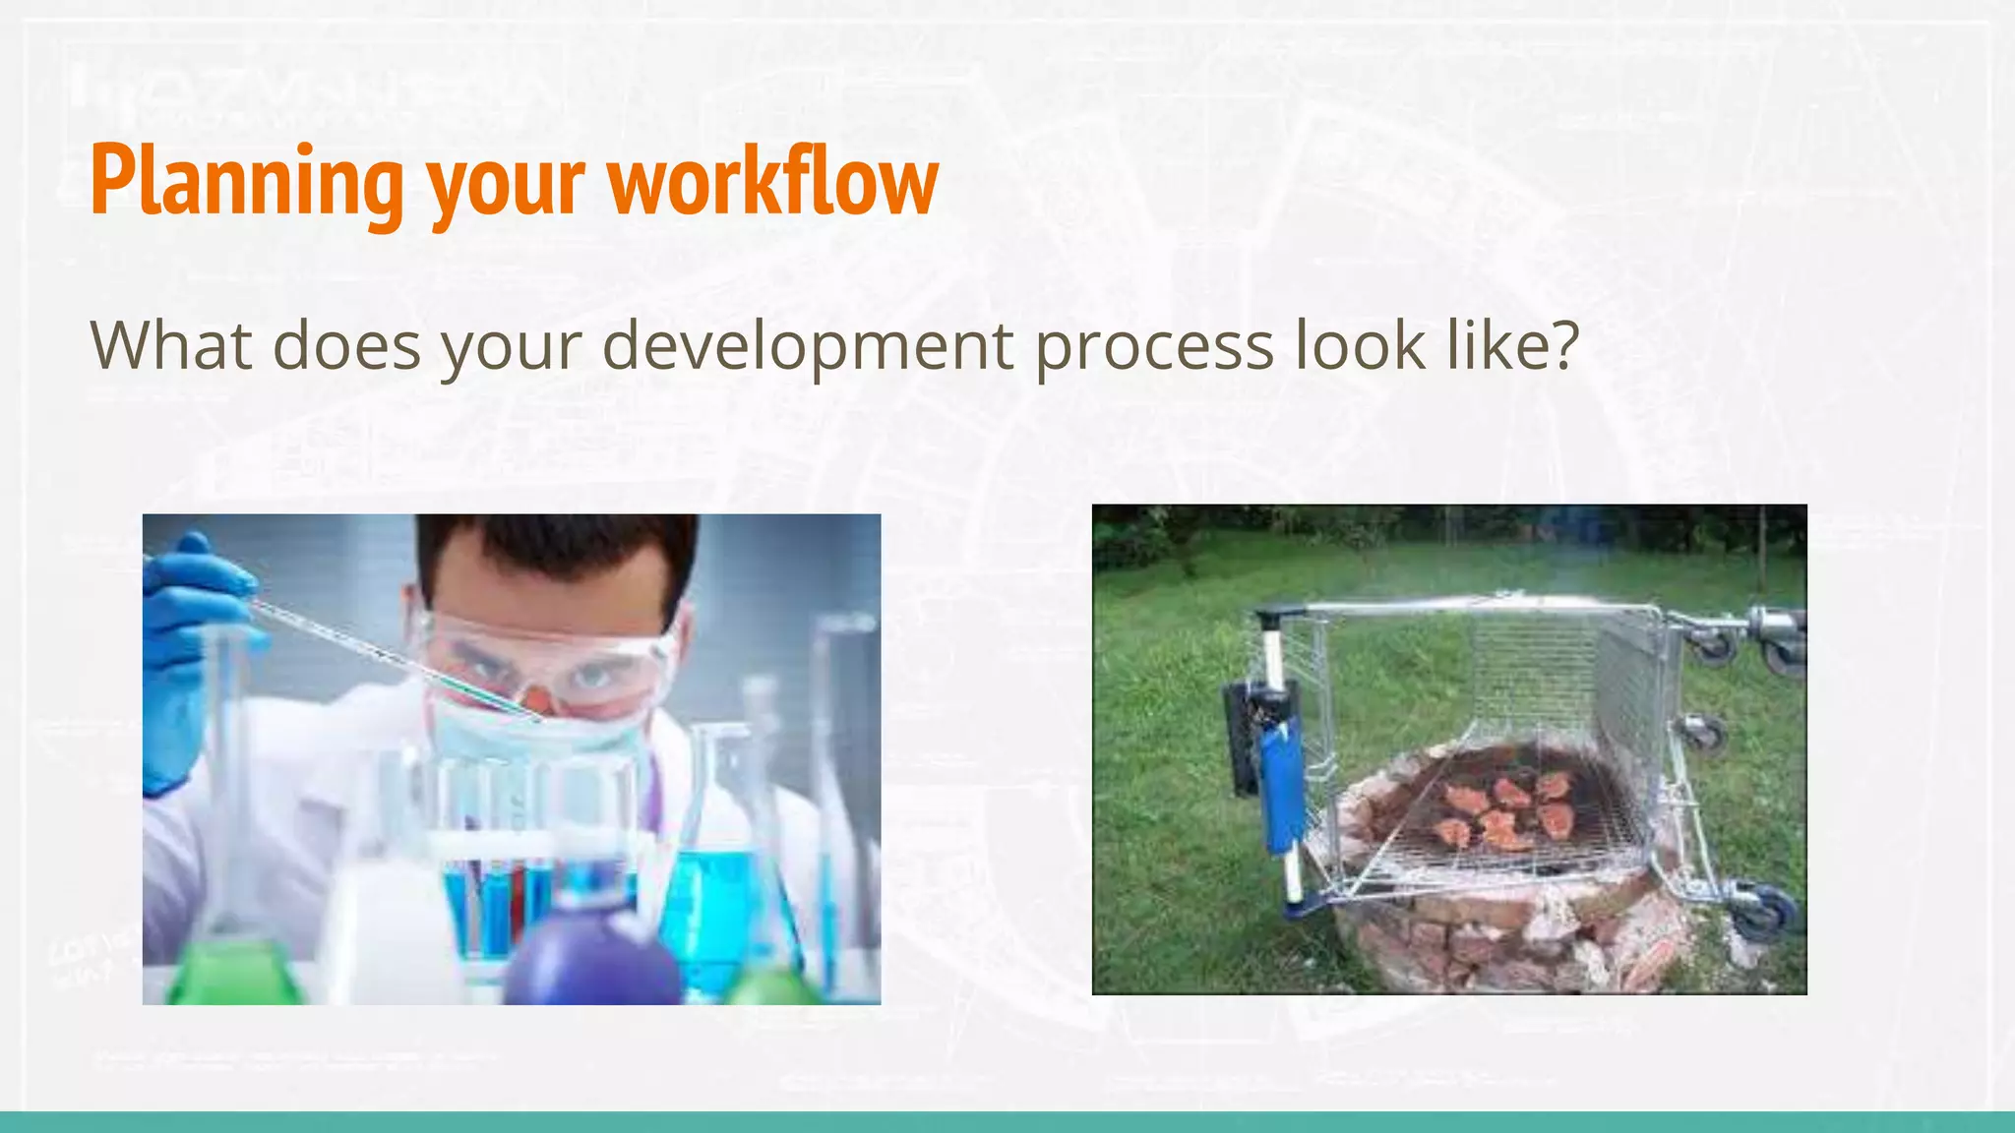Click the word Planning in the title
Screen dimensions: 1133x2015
[x=246, y=182]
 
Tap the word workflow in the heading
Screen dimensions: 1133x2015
[x=773, y=182]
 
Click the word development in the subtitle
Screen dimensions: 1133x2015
[x=807, y=346]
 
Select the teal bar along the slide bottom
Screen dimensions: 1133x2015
[x=1007, y=1122]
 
